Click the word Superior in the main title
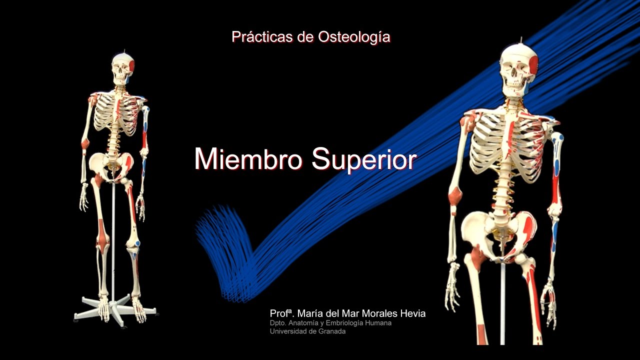364,159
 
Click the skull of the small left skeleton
121,68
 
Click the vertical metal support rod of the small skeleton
113,240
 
